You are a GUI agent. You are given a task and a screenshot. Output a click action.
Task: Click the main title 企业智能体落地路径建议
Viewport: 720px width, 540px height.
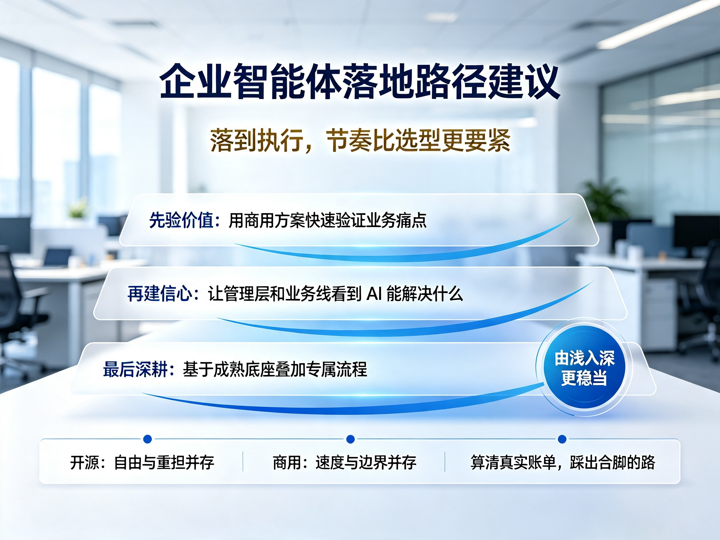click(360, 81)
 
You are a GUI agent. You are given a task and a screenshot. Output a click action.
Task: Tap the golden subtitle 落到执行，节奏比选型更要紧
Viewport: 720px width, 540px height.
click(360, 141)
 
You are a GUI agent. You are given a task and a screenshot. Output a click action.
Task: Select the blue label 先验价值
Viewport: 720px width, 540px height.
click(181, 220)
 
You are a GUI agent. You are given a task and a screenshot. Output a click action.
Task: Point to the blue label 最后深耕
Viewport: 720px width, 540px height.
click(135, 369)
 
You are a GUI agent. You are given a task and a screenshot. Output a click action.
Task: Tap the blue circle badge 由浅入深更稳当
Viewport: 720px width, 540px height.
click(584, 367)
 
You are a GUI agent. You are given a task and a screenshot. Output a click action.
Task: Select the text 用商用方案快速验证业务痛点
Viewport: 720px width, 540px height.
click(327, 220)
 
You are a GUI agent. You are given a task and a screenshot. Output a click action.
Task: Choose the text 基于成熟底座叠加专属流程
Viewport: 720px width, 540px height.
click(275, 369)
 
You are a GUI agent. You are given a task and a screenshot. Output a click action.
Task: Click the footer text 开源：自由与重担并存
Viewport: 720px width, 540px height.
click(142, 462)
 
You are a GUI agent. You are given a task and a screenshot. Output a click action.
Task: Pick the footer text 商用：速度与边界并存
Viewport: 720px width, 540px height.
click(344, 462)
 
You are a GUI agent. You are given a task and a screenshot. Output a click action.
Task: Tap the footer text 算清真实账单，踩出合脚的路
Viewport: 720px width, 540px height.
click(563, 462)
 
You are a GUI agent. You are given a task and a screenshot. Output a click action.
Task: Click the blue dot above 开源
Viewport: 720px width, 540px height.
click(147, 439)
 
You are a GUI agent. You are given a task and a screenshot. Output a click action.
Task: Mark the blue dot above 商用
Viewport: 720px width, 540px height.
click(351, 439)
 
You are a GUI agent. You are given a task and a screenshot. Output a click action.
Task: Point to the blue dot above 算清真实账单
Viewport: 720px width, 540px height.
click(562, 439)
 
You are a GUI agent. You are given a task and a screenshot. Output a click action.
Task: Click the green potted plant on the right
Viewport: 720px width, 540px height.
click(604, 198)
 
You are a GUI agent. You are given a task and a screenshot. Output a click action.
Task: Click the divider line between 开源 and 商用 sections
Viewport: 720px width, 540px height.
click(243, 461)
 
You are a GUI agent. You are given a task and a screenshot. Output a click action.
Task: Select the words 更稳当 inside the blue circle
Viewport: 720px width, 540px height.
click(584, 378)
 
